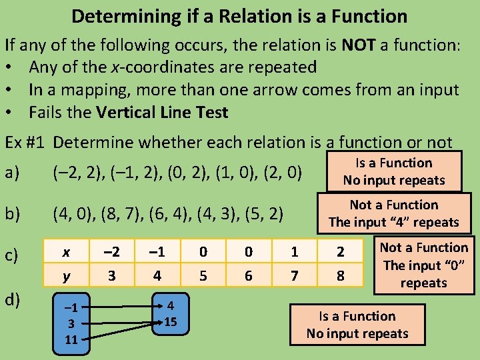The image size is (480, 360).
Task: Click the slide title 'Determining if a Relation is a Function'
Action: click(239, 15)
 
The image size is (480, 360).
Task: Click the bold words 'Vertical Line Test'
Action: click(162, 113)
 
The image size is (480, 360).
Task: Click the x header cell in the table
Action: click(65, 252)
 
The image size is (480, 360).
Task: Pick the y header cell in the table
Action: click(65, 275)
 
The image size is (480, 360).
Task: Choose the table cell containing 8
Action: click(341, 275)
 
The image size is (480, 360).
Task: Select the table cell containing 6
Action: click(249, 275)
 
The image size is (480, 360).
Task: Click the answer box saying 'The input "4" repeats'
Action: click(393, 213)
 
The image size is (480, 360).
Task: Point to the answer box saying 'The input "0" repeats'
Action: click(423, 265)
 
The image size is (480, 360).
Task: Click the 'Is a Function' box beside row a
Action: click(393, 171)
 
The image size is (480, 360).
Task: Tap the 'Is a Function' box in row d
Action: click(357, 325)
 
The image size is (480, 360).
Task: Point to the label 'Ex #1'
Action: click(26, 143)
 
